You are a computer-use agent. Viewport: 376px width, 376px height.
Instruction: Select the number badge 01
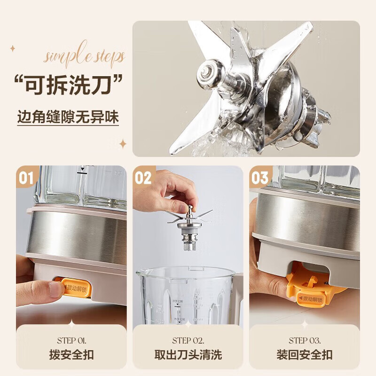(26, 178)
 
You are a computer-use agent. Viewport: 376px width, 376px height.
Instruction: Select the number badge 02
(143, 178)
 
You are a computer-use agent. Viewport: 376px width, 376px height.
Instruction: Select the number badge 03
(259, 178)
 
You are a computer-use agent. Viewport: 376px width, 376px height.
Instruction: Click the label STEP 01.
(71, 340)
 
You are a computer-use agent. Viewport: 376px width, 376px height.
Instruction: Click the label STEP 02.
(188, 340)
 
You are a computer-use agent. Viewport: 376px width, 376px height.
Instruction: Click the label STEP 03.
(305, 340)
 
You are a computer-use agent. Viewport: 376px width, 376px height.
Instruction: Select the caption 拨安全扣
(71, 355)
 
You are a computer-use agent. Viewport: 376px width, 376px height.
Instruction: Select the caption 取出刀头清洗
(188, 355)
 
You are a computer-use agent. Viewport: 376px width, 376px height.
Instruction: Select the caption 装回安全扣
(305, 355)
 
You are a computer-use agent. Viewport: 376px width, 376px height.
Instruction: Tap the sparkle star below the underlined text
(123, 144)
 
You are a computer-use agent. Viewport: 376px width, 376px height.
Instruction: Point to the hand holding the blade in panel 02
(162, 188)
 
